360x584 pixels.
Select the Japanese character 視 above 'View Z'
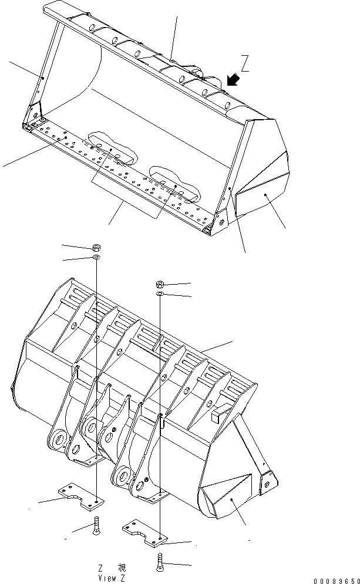click(x=121, y=568)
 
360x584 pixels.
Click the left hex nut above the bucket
click(x=96, y=247)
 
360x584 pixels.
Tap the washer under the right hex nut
click(x=160, y=293)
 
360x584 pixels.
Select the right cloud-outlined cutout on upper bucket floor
click(x=174, y=184)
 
